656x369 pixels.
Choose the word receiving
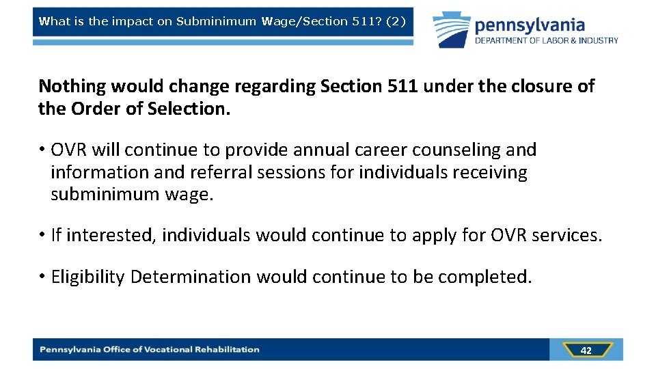coord(487,172)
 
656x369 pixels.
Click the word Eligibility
coord(87,277)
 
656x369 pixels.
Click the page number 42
coord(586,350)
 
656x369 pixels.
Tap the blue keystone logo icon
coord(451,29)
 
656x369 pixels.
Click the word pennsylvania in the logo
coord(530,26)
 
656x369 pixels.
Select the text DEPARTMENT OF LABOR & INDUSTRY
coord(547,41)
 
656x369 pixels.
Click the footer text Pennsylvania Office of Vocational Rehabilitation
coord(150,350)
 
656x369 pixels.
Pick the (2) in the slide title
coord(396,21)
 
